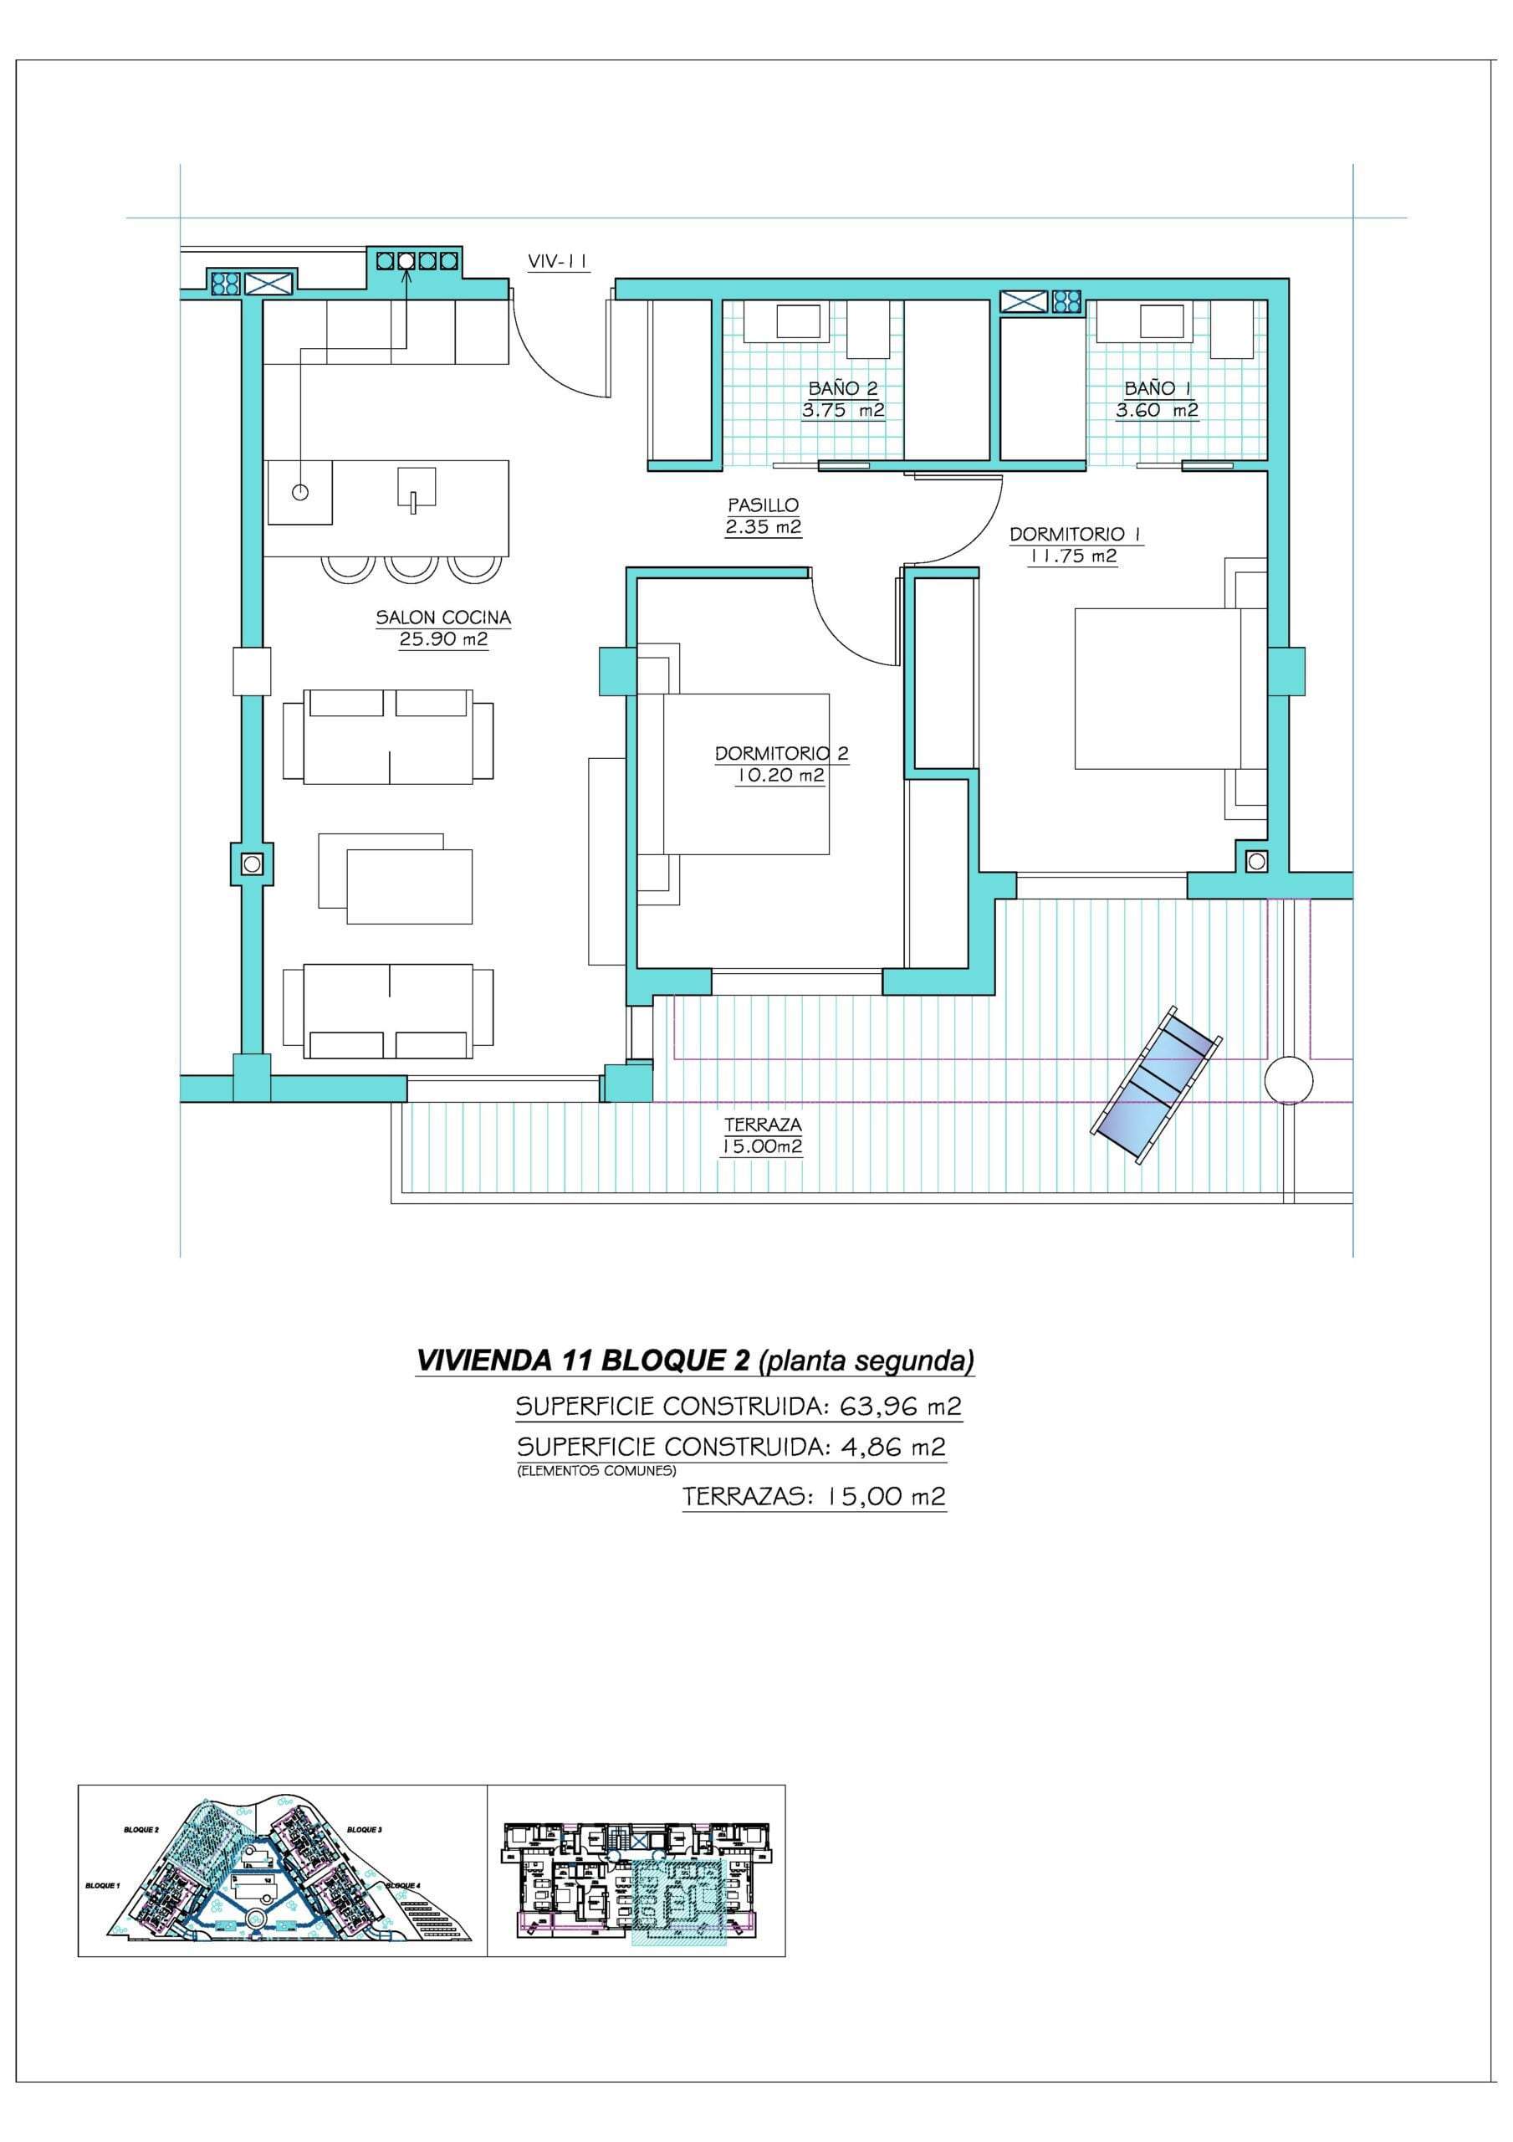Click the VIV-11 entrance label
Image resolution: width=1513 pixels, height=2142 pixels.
coord(558,262)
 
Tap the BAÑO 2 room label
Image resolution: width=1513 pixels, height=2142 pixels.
coord(842,388)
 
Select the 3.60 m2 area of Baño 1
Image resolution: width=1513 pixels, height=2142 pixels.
coord(1157,409)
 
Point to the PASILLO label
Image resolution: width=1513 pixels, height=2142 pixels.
coord(763,505)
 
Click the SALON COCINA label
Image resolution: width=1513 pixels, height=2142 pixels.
coord(443,617)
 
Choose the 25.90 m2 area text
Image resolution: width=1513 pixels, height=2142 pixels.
coord(443,639)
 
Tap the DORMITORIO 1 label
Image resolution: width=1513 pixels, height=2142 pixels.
coord(1076,535)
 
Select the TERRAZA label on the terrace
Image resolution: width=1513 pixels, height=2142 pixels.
coord(763,1125)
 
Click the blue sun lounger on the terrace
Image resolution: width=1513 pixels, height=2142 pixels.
coord(1157,1084)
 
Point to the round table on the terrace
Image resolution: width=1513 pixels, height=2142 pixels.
coord(1288,1080)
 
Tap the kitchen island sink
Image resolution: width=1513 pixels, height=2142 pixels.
coord(416,490)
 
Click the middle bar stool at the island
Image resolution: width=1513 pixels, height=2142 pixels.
coord(407,566)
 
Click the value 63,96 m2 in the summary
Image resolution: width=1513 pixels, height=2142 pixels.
coord(900,1406)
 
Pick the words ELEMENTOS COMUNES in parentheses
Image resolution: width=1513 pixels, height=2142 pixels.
coord(596,1471)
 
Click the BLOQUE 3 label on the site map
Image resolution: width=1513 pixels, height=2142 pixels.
coord(364,1831)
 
